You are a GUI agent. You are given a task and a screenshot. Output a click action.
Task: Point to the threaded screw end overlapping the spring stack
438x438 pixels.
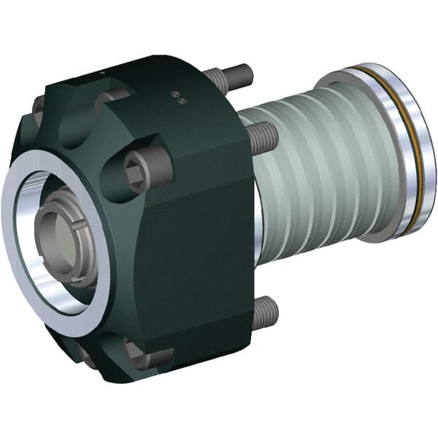tap(264, 136)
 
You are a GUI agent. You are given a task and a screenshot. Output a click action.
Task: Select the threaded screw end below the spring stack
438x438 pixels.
tap(264, 312)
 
